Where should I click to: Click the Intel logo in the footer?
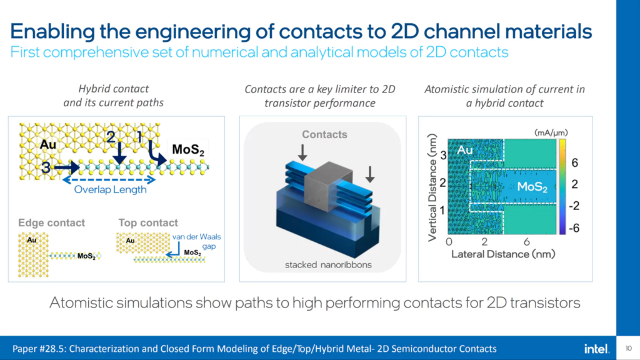pos(597,349)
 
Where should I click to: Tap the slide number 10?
pos(629,349)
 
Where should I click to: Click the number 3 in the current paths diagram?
pos(46,167)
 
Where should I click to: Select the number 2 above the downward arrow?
pos(111,137)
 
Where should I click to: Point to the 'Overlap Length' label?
pos(110,189)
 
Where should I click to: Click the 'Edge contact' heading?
pos(51,222)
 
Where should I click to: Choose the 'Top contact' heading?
pos(148,222)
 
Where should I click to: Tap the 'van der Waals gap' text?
pos(197,241)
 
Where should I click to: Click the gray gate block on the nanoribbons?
pos(328,186)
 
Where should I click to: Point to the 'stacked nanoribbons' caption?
pos(328,264)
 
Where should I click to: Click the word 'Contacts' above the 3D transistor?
pos(324,134)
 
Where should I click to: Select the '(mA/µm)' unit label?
pos(551,132)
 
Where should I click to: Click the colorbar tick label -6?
pos(574,227)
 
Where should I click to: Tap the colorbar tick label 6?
pos(575,163)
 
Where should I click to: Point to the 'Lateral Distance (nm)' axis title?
pos(503,254)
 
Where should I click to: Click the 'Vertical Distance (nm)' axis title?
pos(432,187)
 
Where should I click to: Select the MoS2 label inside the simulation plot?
pos(532,187)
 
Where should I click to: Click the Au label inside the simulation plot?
pos(465,150)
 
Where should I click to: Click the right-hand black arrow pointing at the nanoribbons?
pos(370,174)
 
